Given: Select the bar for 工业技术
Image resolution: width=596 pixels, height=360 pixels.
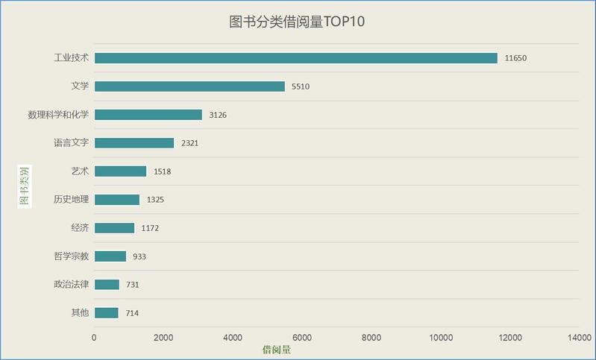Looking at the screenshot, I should click(x=295, y=58).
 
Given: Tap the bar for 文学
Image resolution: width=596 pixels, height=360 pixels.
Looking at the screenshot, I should click(x=189, y=86).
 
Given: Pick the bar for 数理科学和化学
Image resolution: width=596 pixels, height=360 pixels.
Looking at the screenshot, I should click(x=148, y=115).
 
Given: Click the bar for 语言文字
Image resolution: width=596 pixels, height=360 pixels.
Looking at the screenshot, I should click(x=134, y=143).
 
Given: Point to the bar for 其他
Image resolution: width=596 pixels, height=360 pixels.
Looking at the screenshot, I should click(x=107, y=313).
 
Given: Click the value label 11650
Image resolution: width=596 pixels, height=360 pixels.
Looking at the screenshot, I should click(x=515, y=58).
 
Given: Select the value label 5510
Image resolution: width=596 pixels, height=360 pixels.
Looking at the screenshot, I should click(x=300, y=86).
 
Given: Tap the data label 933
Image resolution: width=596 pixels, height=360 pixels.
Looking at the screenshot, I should click(x=139, y=256).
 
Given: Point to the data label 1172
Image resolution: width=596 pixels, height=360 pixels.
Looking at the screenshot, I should click(x=150, y=228).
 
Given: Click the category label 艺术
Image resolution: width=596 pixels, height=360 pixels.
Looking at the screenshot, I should click(x=80, y=171).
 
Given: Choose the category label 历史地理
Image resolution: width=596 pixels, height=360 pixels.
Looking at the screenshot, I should click(x=71, y=200).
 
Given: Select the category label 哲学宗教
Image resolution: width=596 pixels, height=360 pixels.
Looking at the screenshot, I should click(x=71, y=256).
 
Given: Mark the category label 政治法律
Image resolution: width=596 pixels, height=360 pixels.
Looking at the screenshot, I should click(x=71, y=285).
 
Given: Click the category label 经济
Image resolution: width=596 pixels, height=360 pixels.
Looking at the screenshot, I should click(x=80, y=228).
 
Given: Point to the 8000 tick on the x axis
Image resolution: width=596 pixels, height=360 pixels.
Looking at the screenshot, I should click(x=371, y=338).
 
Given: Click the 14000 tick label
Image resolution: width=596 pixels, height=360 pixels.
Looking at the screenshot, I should click(x=579, y=338).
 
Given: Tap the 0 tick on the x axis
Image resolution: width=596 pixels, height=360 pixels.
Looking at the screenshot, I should click(x=94, y=338).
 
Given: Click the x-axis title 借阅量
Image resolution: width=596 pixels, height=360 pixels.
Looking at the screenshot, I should click(x=277, y=349).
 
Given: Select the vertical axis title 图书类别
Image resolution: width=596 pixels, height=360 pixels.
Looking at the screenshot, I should click(x=25, y=186).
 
